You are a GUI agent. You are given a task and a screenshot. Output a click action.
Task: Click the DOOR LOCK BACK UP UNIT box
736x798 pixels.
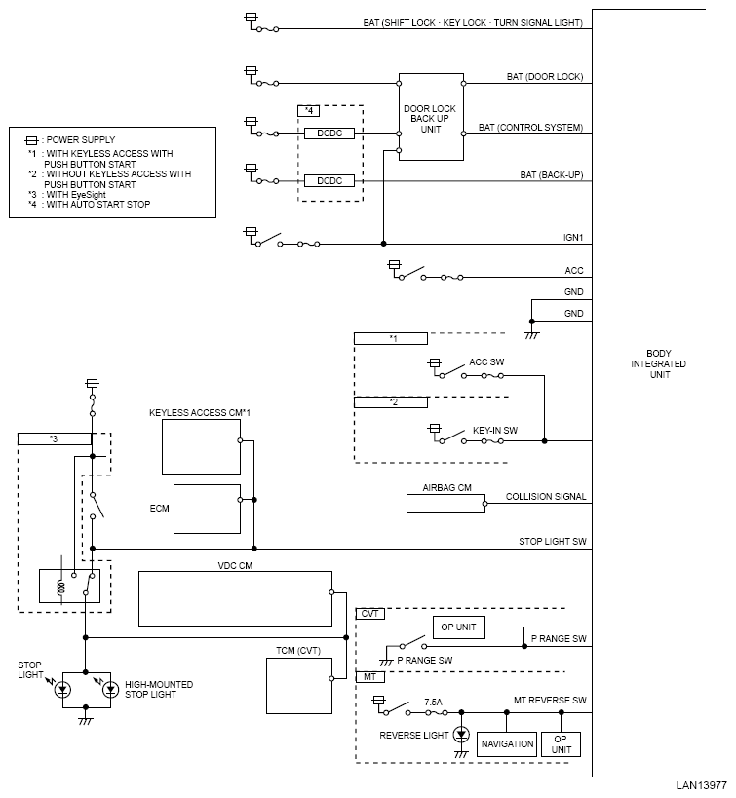[431, 117]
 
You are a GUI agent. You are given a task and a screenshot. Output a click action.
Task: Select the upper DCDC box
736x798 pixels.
[329, 133]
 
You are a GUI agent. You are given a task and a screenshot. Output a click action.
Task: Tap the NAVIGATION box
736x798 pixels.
[507, 744]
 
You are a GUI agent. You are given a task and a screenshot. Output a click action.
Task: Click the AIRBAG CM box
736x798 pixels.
[445, 504]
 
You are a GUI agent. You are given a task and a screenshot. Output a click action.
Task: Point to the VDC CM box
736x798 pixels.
[235, 598]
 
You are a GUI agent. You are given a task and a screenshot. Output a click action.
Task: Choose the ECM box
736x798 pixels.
[207, 509]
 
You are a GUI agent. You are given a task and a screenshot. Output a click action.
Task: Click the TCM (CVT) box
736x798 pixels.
[299, 686]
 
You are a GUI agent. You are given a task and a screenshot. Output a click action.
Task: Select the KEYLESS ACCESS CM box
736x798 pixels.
[201, 447]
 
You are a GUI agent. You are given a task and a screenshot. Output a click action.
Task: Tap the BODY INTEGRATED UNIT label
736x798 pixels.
[659, 363]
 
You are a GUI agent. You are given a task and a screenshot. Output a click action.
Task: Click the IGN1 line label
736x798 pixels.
[573, 237]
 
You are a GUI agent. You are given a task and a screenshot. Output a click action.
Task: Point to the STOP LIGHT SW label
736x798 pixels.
[553, 542]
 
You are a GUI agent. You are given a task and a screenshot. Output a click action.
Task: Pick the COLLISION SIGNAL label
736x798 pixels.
[546, 496]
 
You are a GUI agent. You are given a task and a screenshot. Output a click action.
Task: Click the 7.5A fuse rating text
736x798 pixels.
[433, 702]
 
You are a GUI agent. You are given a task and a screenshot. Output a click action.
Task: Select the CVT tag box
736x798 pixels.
[369, 614]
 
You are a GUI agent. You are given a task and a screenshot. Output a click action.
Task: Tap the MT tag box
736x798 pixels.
[369, 677]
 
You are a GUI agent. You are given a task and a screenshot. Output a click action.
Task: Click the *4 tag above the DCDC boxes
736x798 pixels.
[309, 111]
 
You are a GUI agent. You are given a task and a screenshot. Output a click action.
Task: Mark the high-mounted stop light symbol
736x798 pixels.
[110, 690]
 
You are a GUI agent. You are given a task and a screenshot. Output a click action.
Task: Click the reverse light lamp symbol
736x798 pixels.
[461, 735]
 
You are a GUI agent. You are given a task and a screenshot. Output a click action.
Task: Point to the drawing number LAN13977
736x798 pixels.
[701, 785]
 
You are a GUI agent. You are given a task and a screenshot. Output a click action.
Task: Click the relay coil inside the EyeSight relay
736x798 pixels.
[61, 588]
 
